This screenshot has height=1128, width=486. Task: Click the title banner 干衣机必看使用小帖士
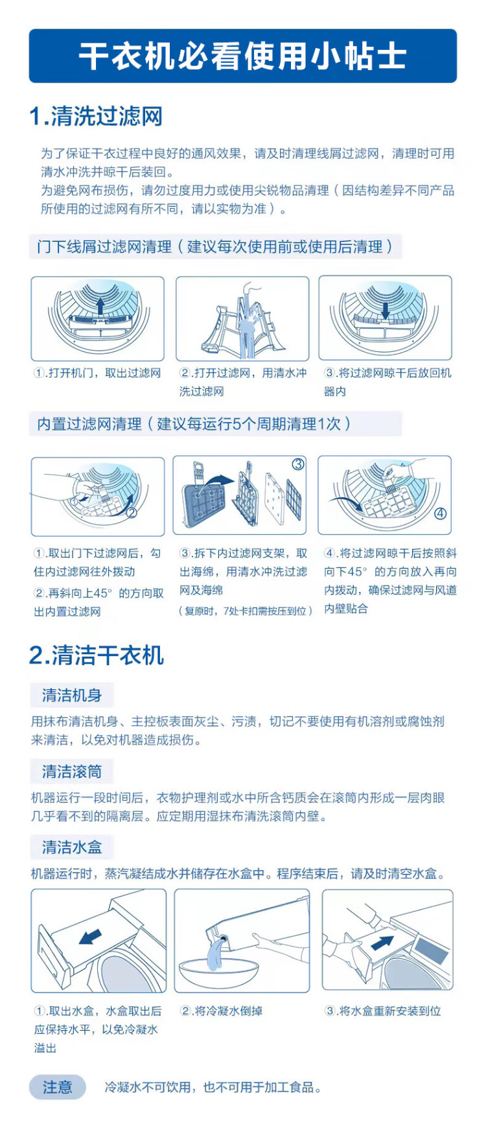tap(243, 56)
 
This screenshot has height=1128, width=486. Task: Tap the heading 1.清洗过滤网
tap(96, 117)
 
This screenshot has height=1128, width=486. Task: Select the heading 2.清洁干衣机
tap(97, 655)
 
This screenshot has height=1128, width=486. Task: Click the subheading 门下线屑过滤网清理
tap(104, 247)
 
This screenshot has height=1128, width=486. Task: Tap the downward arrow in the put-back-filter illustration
tap(386, 310)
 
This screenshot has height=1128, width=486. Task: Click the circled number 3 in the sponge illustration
tap(298, 464)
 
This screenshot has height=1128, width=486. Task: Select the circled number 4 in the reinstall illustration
tap(440, 513)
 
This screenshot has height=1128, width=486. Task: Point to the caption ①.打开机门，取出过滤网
tap(97, 373)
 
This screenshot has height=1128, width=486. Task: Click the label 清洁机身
tap(72, 696)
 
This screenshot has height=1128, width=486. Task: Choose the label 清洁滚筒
tap(72, 771)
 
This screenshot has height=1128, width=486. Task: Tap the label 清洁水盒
tap(72, 847)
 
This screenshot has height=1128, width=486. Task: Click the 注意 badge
tap(58, 1087)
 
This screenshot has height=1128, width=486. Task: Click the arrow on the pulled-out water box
tap(90, 937)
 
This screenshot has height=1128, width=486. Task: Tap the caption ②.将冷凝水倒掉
tap(221, 1011)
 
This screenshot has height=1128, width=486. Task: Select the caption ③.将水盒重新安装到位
tap(383, 1011)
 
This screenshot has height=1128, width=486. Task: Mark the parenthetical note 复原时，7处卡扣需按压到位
tap(246, 611)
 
